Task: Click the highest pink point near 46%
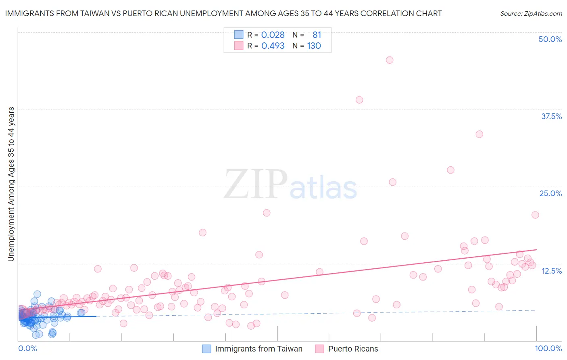click(389, 60)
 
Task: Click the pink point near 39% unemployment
click(359, 100)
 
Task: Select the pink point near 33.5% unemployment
click(479, 134)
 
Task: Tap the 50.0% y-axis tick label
click(550, 39)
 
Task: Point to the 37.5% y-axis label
click(551, 116)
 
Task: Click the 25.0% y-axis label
click(550, 193)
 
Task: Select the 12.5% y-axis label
click(551, 271)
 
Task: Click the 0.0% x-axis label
click(27, 348)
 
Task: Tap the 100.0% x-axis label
click(548, 348)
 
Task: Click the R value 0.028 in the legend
click(273, 35)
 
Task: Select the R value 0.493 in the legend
click(273, 46)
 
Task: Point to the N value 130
click(314, 46)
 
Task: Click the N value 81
click(317, 35)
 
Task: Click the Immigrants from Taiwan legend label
click(258, 349)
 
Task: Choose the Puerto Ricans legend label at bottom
click(353, 349)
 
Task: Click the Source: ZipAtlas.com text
click(531, 13)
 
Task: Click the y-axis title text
click(11, 184)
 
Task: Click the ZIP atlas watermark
click(290, 185)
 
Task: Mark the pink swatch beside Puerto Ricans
click(319, 349)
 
